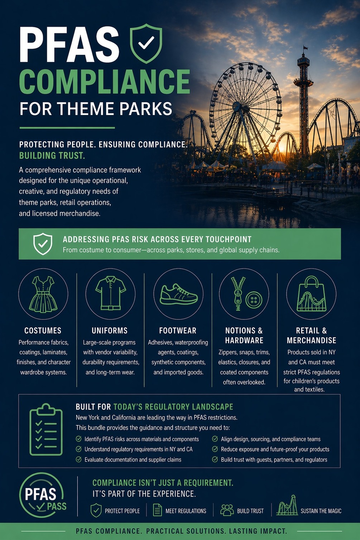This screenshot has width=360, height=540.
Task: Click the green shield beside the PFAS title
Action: (x=146, y=43)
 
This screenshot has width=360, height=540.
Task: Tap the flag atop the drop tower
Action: (x=306, y=48)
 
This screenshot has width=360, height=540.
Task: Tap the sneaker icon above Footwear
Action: (x=179, y=294)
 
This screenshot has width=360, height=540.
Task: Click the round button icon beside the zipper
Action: (x=254, y=300)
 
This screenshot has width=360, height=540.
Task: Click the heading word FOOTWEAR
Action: (x=178, y=331)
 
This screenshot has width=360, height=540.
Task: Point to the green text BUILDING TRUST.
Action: (x=52, y=156)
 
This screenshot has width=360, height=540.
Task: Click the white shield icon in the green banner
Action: (x=43, y=244)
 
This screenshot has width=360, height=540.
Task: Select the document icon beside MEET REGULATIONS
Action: (x=158, y=510)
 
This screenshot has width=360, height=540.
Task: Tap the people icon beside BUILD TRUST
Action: (x=227, y=510)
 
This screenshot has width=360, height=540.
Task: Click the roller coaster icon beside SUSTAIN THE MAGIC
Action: (x=287, y=505)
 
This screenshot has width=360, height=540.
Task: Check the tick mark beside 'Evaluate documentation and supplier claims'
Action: (x=78, y=459)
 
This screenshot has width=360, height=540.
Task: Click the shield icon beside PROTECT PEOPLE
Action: (x=96, y=510)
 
